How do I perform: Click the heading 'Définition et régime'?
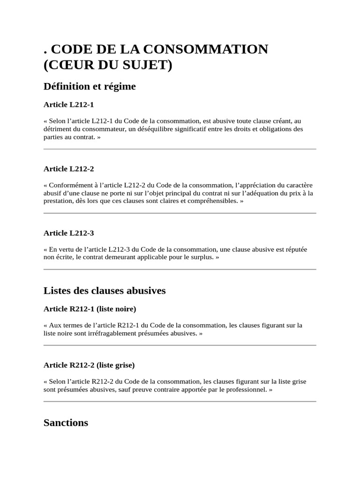[90, 87]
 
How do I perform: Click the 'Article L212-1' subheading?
[68, 105]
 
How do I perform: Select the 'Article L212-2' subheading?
[68, 169]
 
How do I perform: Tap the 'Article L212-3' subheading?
[68, 233]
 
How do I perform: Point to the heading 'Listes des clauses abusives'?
[105, 291]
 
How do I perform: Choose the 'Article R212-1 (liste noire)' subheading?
[90, 309]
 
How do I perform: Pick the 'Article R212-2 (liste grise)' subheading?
[89, 365]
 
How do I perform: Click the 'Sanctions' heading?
[66, 422]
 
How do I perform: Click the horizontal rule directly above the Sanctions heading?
[180, 402]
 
